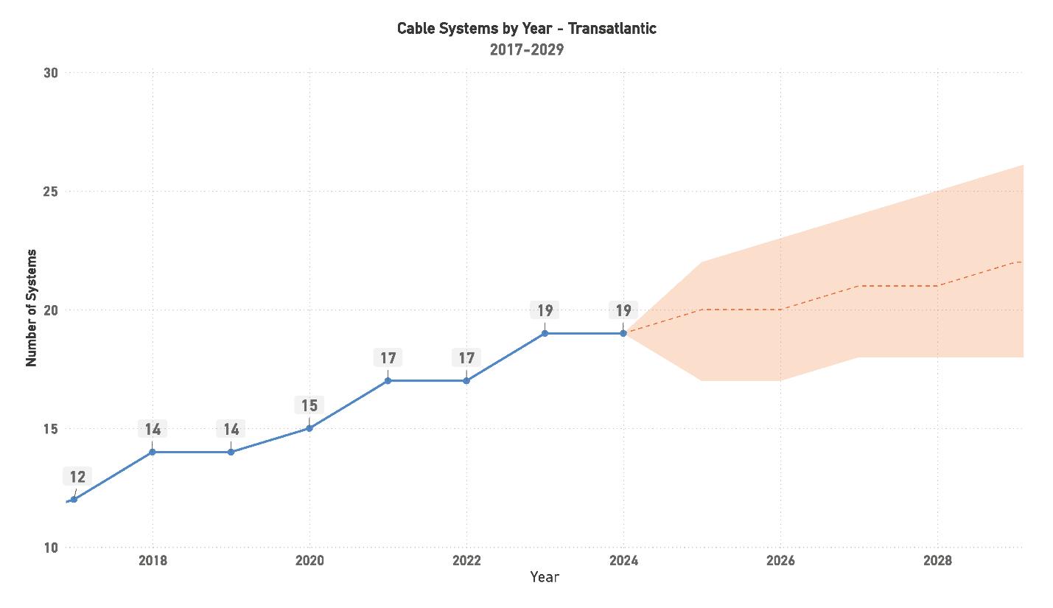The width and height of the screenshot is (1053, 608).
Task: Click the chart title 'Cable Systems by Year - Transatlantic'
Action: pyautogui.click(x=526, y=29)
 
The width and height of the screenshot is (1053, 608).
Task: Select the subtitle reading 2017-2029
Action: pyautogui.click(x=526, y=50)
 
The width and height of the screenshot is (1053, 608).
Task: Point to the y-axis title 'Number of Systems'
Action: pyautogui.click(x=31, y=308)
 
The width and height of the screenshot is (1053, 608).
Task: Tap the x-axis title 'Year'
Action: pyautogui.click(x=545, y=577)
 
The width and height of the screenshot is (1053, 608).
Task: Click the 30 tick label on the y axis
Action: pyautogui.click(x=51, y=73)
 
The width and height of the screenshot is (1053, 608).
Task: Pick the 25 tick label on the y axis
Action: pyautogui.click(x=51, y=192)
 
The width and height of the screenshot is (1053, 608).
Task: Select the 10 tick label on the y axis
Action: pyautogui.click(x=51, y=548)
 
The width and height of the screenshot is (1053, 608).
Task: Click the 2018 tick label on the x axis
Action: pyautogui.click(x=153, y=561)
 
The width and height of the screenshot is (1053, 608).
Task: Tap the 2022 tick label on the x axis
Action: pyautogui.click(x=466, y=561)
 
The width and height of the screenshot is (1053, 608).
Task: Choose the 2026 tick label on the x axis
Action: pyautogui.click(x=780, y=561)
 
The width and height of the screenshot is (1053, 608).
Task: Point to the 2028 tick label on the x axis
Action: pyautogui.click(x=937, y=561)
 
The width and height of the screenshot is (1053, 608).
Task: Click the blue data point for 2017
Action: pyautogui.click(x=74, y=500)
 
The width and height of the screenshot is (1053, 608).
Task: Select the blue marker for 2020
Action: pyautogui.click(x=309, y=428)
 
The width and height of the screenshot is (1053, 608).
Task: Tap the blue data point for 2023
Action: pyautogui.click(x=545, y=333)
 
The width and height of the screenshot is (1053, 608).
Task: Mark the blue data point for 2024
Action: pyautogui.click(x=623, y=333)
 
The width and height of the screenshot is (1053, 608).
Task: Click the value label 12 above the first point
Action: pyautogui.click(x=78, y=478)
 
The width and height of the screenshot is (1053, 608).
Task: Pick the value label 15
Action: pyautogui.click(x=309, y=405)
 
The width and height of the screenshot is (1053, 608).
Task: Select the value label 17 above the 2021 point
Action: pyautogui.click(x=388, y=358)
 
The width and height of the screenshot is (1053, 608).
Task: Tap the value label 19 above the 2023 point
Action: pyautogui.click(x=545, y=310)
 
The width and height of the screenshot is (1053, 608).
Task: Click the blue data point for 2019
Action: pyautogui.click(x=231, y=452)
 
